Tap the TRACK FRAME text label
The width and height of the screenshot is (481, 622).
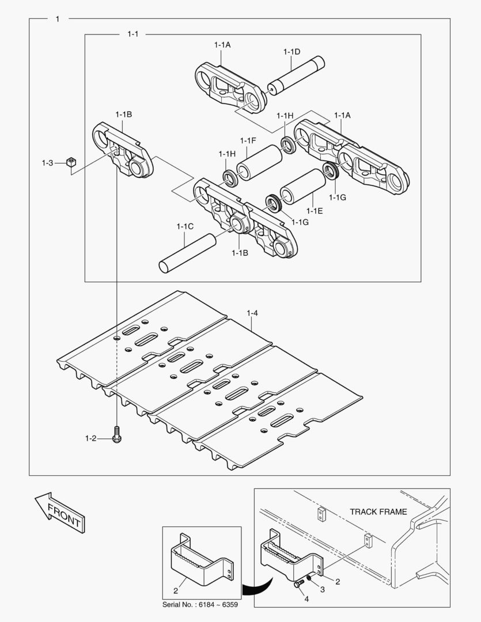click(378, 511)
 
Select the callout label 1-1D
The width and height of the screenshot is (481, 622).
click(291, 52)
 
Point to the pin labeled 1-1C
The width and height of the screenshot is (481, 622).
click(187, 252)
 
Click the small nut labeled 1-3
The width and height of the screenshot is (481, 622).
click(71, 162)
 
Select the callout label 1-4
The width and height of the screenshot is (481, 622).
click(252, 313)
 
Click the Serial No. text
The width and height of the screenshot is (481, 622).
click(200, 605)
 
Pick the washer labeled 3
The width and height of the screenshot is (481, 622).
click(309, 578)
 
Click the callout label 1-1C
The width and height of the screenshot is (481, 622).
click(184, 226)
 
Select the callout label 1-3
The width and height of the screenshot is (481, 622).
click(47, 163)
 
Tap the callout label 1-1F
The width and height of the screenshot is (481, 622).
click(248, 141)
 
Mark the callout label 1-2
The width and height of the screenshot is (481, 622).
click(90, 439)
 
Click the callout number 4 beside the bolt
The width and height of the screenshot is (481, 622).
click(306, 600)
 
